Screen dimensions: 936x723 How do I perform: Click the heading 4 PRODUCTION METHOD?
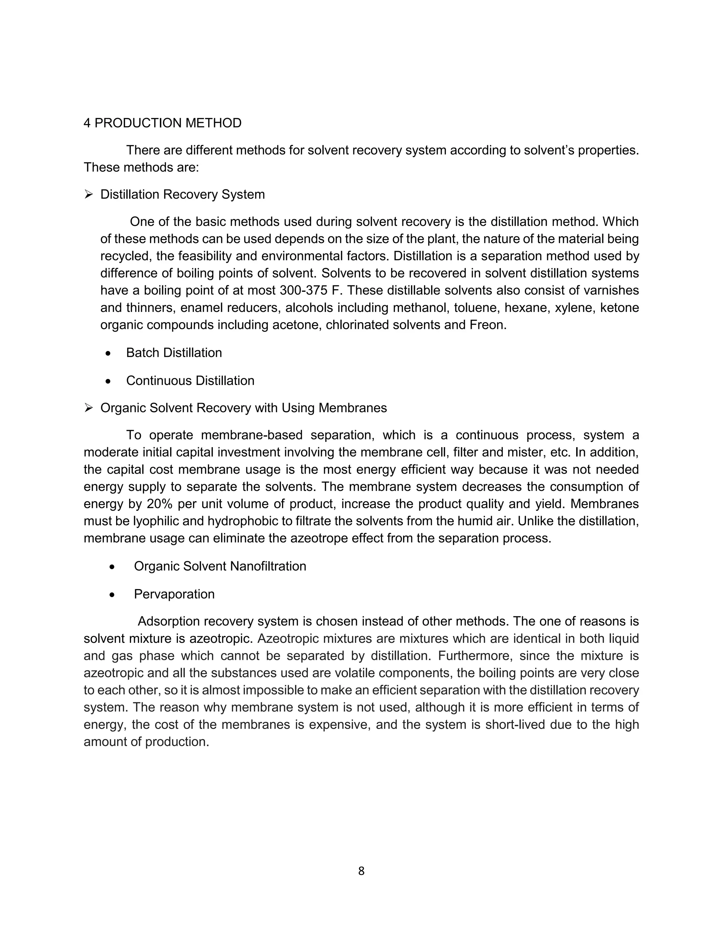click(x=162, y=123)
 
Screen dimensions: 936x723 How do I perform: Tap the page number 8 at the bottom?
click(x=361, y=871)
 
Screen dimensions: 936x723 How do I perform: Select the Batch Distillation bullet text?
click(x=174, y=353)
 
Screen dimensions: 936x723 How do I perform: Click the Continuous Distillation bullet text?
click(x=190, y=380)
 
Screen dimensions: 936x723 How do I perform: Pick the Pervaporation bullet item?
click(x=174, y=594)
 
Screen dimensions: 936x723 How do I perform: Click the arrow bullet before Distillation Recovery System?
click(x=89, y=195)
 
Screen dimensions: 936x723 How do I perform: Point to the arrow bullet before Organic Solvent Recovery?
click(x=89, y=408)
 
